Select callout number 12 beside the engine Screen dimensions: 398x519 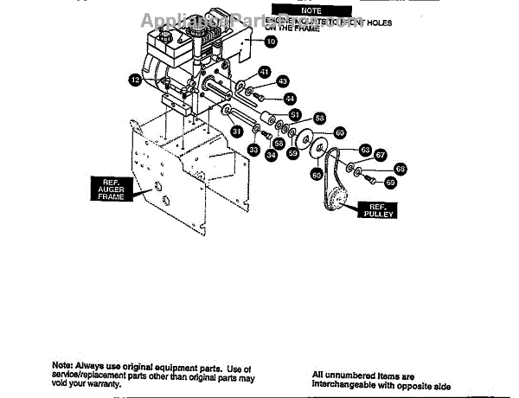134,80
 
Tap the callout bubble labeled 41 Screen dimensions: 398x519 265,72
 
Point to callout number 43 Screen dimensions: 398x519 282,80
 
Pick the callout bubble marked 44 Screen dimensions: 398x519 289,99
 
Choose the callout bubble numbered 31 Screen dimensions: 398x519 236,132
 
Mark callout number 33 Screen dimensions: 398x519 253,149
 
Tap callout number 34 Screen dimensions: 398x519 272,156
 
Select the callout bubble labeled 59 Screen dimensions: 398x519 293,153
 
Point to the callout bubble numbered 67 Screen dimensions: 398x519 380,156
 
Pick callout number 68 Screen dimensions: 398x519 400,169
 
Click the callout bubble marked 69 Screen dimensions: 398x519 390,183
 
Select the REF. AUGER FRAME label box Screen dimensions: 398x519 110,189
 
